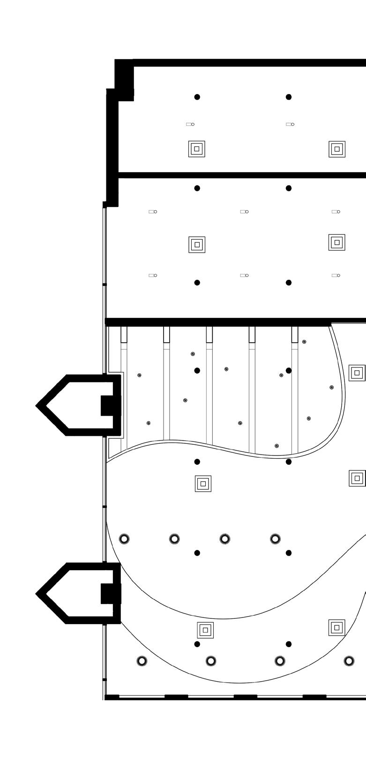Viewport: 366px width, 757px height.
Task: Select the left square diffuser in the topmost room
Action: tap(197, 149)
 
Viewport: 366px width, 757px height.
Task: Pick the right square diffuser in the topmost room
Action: tap(337, 149)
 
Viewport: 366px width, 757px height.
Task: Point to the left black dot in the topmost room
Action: tap(197, 97)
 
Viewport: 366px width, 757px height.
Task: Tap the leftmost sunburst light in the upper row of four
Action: tap(124, 539)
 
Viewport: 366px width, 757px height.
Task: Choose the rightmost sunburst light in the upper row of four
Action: tap(276, 539)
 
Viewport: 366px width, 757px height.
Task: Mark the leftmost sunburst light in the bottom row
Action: tap(142, 661)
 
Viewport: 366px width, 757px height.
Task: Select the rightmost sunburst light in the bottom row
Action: tap(349, 661)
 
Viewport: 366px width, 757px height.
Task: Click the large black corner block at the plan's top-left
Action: tap(124, 80)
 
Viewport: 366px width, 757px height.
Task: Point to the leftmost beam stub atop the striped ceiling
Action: tap(124, 334)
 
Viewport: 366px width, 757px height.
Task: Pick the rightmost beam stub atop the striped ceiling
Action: tap(295, 334)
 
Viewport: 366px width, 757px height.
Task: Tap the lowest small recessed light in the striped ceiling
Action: tap(277, 446)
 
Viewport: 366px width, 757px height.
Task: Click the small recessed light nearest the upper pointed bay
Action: tap(139, 375)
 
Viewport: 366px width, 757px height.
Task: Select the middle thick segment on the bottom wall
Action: tap(245, 697)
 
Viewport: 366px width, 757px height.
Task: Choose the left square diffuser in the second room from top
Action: tap(197, 244)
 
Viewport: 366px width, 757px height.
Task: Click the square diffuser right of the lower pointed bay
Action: tap(205, 630)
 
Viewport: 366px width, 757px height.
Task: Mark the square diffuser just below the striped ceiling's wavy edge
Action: tap(203, 484)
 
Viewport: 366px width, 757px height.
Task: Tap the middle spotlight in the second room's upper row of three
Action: tap(244, 212)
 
